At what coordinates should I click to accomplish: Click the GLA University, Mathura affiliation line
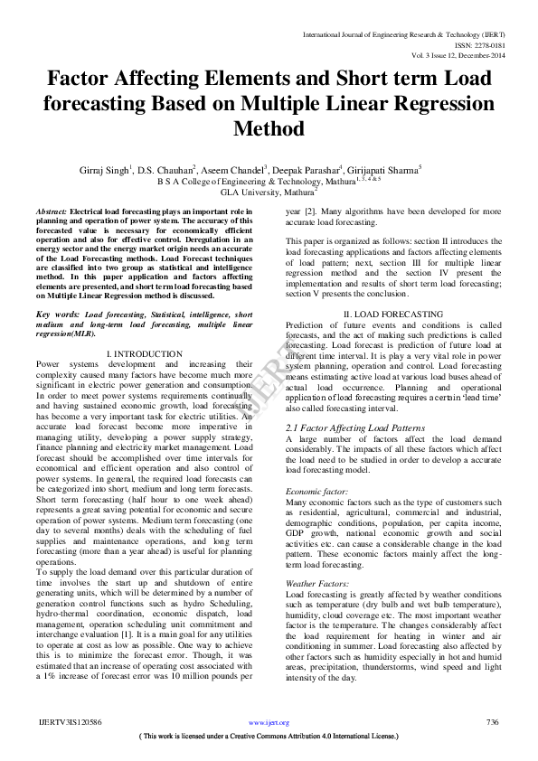[269, 192]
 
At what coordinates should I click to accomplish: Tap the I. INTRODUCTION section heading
[144, 353]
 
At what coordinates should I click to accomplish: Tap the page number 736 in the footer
[492, 722]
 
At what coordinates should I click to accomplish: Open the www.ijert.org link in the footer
[269, 723]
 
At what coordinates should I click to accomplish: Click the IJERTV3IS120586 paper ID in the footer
[69, 722]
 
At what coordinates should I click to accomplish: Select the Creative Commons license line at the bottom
[269, 737]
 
